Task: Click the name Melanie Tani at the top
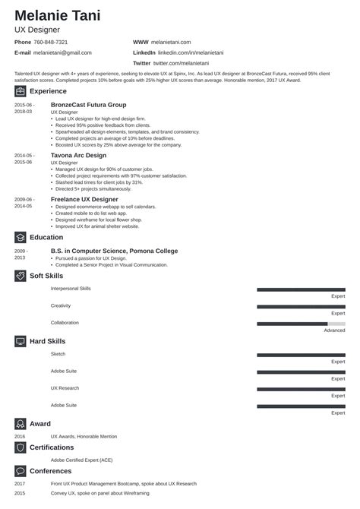(x=58, y=16)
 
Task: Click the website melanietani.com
(x=174, y=42)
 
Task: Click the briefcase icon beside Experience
(x=19, y=90)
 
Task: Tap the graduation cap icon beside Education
(x=19, y=237)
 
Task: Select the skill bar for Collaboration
(x=301, y=323)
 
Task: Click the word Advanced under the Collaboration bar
(x=334, y=330)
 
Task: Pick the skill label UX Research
(x=64, y=388)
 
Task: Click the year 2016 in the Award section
(x=19, y=437)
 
